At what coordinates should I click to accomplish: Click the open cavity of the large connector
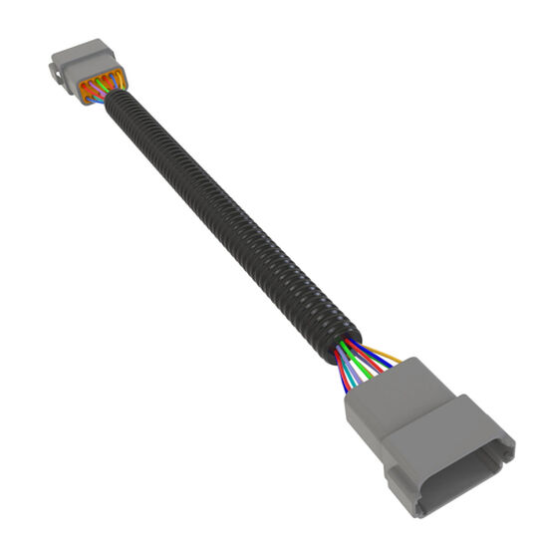pos(468,462)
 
